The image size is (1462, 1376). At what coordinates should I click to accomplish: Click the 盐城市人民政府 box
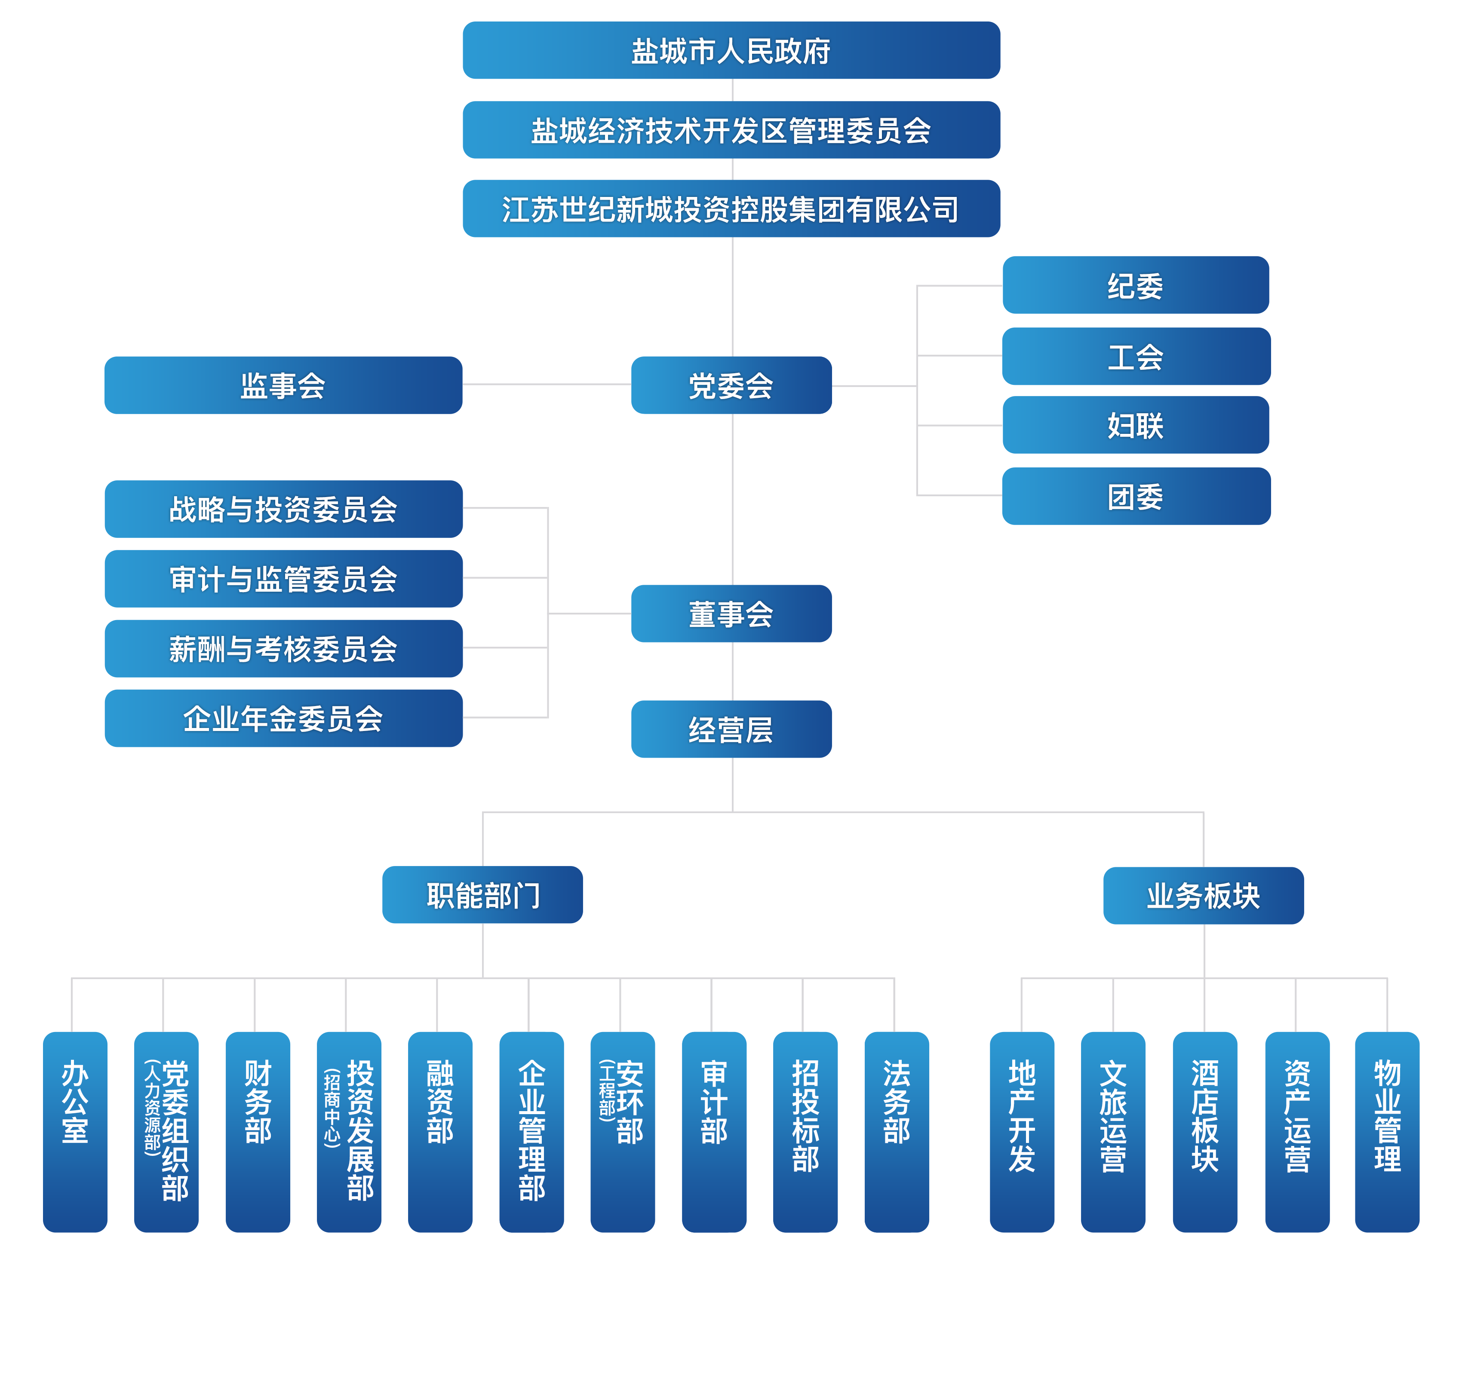(x=731, y=51)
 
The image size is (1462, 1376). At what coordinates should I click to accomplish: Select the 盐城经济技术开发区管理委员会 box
(x=731, y=130)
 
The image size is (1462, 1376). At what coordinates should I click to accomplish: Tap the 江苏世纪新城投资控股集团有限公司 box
(x=731, y=209)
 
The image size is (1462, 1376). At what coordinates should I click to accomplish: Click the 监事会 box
(x=283, y=385)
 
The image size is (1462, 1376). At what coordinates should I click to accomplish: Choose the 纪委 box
(x=1136, y=286)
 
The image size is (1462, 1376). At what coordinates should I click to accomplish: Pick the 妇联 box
(x=1136, y=425)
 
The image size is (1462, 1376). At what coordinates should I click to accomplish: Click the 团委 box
(x=1136, y=496)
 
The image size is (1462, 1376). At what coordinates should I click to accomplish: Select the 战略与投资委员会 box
(x=283, y=509)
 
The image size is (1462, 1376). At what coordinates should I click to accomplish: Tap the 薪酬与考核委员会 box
(x=283, y=648)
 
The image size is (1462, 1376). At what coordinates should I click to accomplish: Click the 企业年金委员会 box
(x=283, y=719)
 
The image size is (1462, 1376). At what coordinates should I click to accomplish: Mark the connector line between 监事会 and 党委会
(x=547, y=384)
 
